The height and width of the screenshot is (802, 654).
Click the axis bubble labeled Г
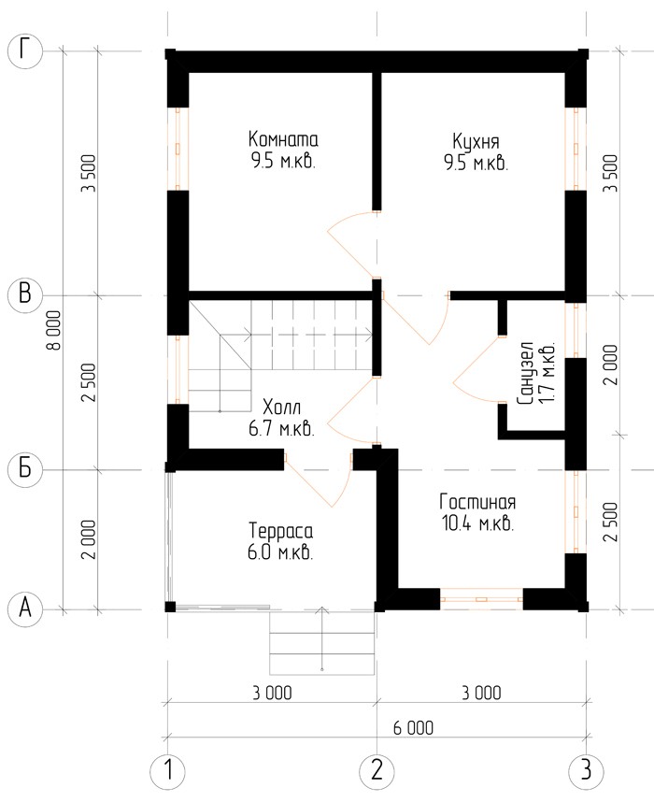[24, 51]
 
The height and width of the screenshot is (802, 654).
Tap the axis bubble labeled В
[24, 295]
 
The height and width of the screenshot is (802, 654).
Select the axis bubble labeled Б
[24, 469]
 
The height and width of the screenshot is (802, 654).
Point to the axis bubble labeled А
[24, 609]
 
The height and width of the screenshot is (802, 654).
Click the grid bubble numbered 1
[168, 770]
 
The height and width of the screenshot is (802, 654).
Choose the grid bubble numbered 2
[377, 770]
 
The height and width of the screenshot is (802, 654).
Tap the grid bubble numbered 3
[586, 770]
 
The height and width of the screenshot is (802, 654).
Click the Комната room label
[283, 139]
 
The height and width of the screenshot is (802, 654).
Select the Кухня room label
[476, 141]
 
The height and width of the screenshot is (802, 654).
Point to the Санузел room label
[525, 373]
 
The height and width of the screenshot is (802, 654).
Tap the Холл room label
[282, 408]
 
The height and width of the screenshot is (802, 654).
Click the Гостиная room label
[477, 502]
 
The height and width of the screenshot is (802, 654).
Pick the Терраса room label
[280, 531]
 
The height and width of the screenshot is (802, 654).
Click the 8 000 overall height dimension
[54, 330]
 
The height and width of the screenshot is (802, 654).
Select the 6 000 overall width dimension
[413, 727]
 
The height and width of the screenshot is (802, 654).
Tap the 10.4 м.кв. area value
[478, 523]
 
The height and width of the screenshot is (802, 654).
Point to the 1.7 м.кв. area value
[547, 373]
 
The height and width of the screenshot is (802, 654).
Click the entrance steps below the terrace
[322, 642]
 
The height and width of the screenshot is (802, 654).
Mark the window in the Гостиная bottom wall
[481, 598]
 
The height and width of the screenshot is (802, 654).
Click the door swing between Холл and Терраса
[318, 480]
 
